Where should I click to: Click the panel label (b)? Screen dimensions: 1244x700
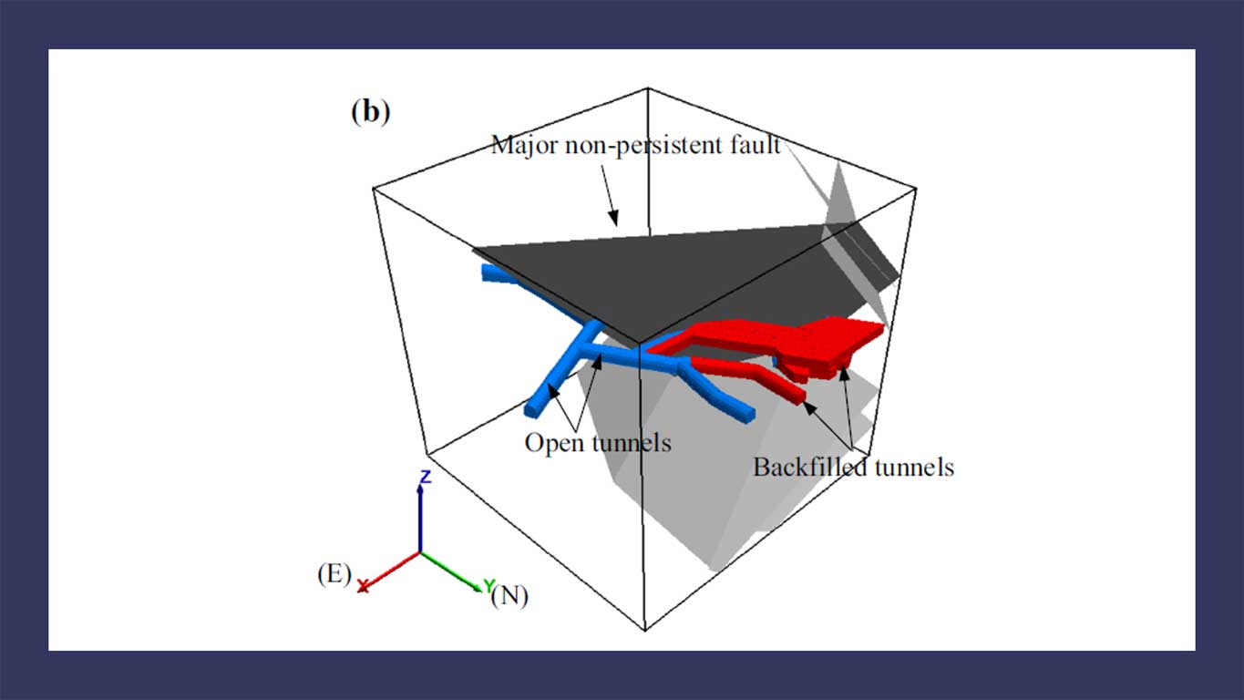point(370,112)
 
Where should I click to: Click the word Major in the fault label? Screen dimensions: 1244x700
point(524,146)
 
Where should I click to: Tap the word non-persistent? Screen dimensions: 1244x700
point(644,146)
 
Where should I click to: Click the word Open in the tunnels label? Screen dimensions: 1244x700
point(554,443)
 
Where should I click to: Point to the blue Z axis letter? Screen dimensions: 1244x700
point(426,477)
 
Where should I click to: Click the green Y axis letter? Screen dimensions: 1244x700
point(488,585)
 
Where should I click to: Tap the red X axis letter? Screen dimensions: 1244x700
point(363,586)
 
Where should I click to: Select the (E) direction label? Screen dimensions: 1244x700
point(334,573)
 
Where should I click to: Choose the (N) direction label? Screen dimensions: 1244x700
point(509,596)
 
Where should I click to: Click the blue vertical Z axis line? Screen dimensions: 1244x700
point(420,519)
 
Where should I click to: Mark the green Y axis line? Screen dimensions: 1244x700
point(451,571)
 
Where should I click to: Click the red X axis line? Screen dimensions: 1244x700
point(391,570)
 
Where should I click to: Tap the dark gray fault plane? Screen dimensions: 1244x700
point(666,278)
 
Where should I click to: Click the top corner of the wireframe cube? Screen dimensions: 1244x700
point(648,88)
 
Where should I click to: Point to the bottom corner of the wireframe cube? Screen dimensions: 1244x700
point(644,631)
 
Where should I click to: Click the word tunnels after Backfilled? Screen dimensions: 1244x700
point(914,468)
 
